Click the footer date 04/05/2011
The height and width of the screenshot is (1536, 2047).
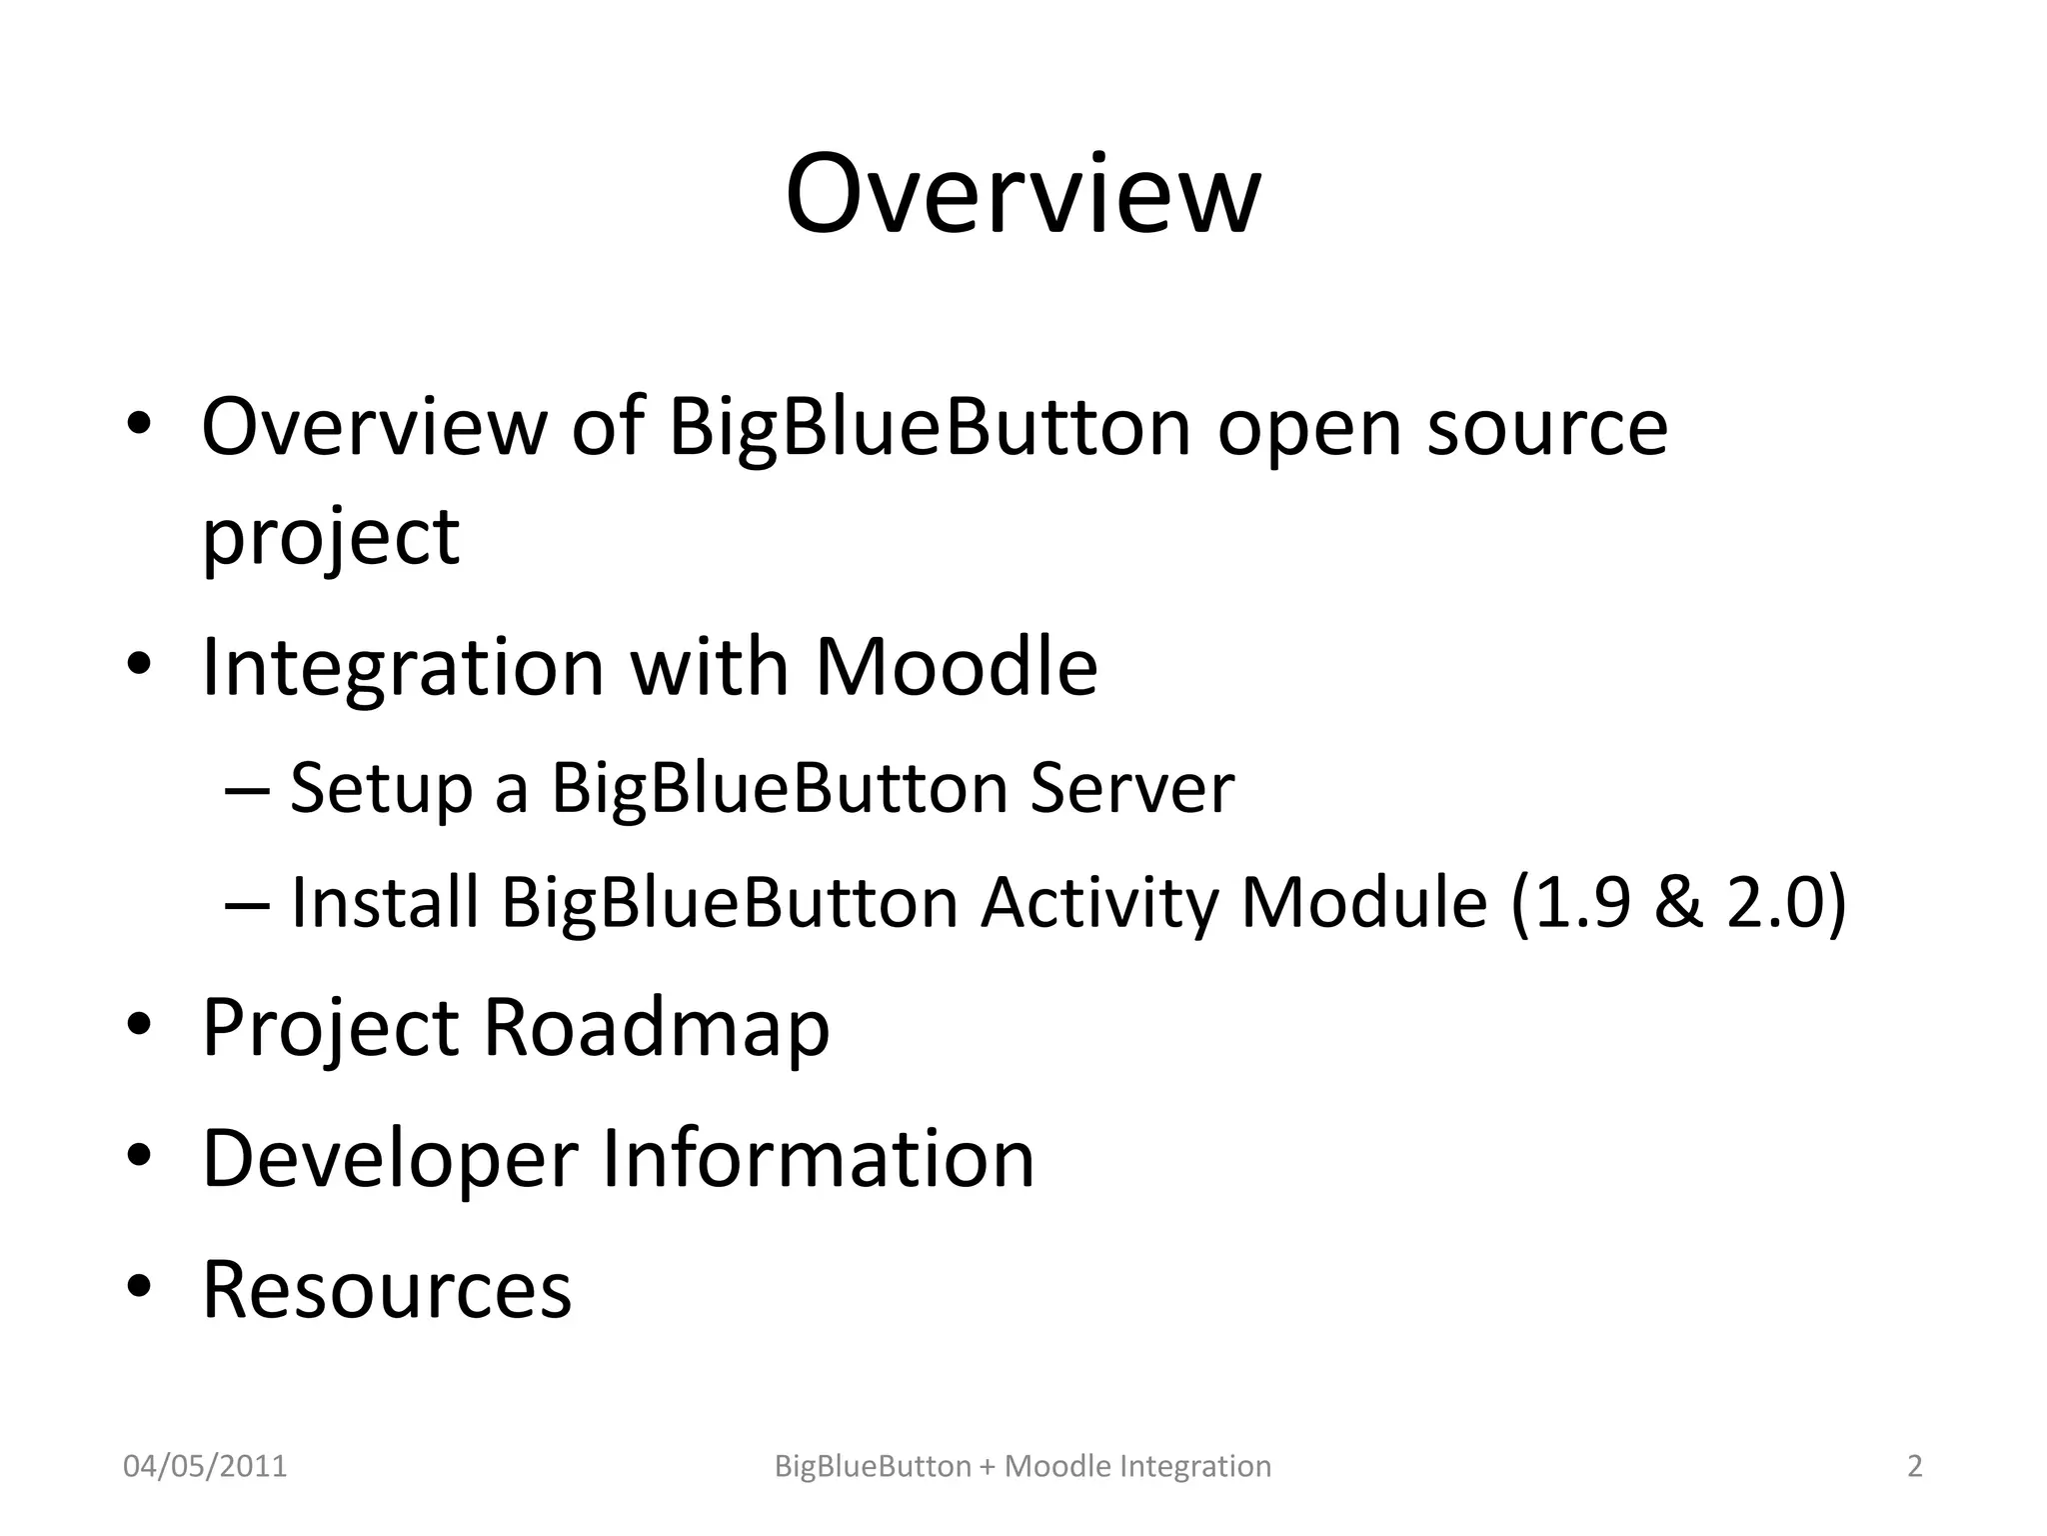coord(205,1466)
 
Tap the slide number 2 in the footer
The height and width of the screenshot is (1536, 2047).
coord(1915,1466)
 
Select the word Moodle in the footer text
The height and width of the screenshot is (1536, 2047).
coord(1057,1466)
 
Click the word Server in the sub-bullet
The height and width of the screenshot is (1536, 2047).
coord(1132,788)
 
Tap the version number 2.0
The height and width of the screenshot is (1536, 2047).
coord(1775,902)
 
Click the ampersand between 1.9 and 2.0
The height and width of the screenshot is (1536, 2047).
coord(1679,902)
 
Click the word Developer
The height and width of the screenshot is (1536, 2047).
coord(390,1160)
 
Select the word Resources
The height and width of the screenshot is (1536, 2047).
coord(387,1289)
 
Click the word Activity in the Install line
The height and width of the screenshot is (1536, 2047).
coord(1099,904)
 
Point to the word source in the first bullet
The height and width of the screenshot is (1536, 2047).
coord(1547,428)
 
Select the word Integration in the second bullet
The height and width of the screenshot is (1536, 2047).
coord(403,668)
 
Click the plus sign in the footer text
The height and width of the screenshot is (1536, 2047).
coord(988,1467)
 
